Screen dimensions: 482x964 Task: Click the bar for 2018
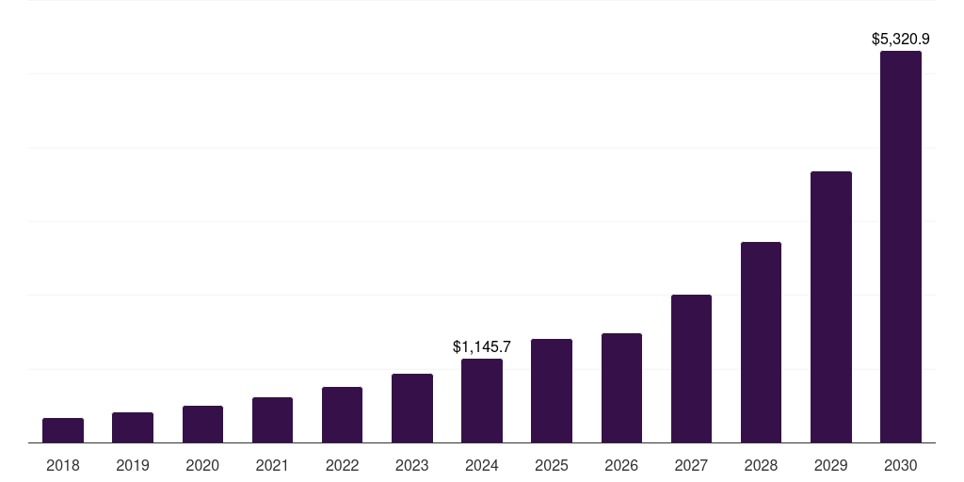pyautogui.click(x=63, y=430)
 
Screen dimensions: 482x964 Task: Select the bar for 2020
pyautogui.click(x=202, y=425)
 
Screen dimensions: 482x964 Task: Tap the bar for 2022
pyautogui.click(x=342, y=415)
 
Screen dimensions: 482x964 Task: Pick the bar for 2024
pyautogui.click(x=482, y=401)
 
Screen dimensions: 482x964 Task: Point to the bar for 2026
pyautogui.click(x=621, y=388)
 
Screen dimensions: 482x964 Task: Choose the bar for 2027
pyautogui.click(x=691, y=369)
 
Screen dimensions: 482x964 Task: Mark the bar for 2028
pyautogui.click(x=761, y=343)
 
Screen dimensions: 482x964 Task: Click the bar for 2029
pyautogui.click(x=831, y=307)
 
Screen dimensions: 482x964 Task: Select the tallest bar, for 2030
pyautogui.click(x=901, y=247)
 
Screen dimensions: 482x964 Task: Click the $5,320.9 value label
pyautogui.click(x=901, y=40)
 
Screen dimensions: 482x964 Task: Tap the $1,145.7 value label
pyautogui.click(x=482, y=347)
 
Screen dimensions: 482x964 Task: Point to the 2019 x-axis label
pyautogui.click(x=133, y=465)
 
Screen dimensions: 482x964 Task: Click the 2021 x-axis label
pyautogui.click(x=272, y=465)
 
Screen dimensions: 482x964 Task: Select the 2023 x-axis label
pyautogui.click(x=412, y=465)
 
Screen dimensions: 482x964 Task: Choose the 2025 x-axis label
pyautogui.click(x=552, y=465)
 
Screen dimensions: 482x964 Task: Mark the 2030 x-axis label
pyautogui.click(x=901, y=465)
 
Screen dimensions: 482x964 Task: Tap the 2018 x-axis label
pyautogui.click(x=63, y=465)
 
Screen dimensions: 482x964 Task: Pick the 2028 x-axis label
pyautogui.click(x=761, y=465)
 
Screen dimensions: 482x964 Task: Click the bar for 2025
pyautogui.click(x=552, y=391)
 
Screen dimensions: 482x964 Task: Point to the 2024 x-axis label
pyautogui.click(x=482, y=465)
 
